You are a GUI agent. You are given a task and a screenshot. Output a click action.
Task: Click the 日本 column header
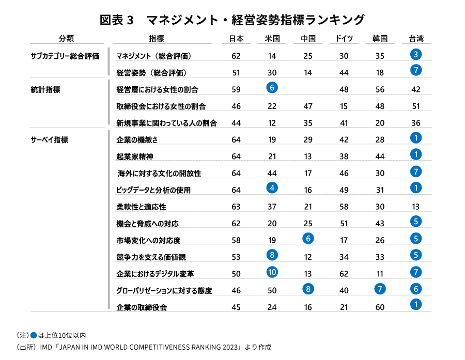tap(236, 38)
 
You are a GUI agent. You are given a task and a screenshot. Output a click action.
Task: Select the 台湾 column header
tap(416, 38)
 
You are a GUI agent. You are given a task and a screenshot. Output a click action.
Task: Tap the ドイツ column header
tap(344, 38)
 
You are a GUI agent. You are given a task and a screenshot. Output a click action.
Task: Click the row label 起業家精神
tap(135, 156)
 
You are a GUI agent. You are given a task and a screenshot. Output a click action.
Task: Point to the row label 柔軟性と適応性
tap(141, 207)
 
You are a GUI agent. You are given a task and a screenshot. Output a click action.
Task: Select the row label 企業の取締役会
tap(142, 307)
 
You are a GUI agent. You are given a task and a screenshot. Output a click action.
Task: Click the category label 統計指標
tap(45, 89)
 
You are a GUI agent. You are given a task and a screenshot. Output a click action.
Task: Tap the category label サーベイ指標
tap(50, 139)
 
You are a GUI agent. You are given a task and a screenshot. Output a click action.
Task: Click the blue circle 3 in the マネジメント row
tap(416, 54)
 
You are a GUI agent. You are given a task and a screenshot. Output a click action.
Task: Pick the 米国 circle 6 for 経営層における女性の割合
tap(272, 88)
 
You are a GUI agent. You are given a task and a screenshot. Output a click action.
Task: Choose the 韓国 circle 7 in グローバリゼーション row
tap(380, 289)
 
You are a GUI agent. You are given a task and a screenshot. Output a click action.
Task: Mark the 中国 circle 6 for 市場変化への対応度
tap(308, 239)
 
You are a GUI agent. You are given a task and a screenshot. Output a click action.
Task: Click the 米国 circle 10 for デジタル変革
tap(272, 272)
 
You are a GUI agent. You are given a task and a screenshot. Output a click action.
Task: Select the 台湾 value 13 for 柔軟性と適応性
tap(416, 207)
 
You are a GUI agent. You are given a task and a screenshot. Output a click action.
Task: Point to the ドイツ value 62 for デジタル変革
tap(344, 274)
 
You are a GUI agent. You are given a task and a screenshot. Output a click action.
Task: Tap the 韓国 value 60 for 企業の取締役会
tap(380, 307)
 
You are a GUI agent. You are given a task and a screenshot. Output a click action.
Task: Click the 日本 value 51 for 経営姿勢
tap(236, 72)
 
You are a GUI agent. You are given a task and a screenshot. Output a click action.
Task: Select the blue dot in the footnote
tap(34, 335)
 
